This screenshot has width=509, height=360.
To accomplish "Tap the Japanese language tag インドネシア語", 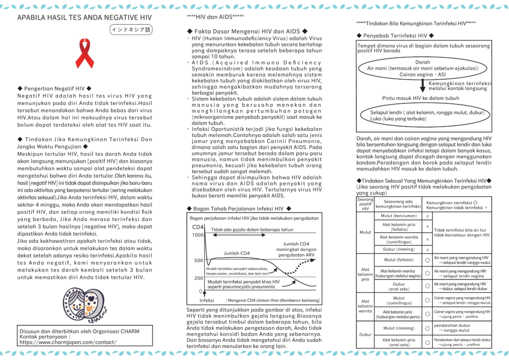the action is (x=131, y=29).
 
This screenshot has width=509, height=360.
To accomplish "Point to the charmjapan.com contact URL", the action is (x=68, y=342).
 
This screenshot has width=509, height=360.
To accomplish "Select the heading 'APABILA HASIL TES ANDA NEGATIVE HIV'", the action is (x=85, y=17).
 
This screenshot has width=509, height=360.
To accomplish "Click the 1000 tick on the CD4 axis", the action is (x=198, y=235).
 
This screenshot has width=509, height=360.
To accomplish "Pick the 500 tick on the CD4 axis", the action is (x=199, y=261).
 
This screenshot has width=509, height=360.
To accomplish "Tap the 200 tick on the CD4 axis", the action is (x=199, y=278).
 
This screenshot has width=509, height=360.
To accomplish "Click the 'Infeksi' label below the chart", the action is (x=207, y=300).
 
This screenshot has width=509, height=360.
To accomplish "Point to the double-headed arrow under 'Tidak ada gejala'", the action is (x=239, y=235).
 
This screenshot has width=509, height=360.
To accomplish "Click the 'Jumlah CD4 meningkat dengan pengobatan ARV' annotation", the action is (x=296, y=249).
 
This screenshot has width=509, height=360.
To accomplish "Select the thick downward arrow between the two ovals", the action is (x=423, y=86).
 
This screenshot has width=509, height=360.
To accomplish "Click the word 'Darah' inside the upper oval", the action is (x=423, y=62).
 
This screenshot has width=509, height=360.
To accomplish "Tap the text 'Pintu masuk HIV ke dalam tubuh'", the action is (x=421, y=98).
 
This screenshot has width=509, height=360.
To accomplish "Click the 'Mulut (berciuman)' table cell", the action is (x=399, y=216).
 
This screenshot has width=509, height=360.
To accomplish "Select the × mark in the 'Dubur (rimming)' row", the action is (x=427, y=250).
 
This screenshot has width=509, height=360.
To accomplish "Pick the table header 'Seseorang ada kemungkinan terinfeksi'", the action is (x=398, y=204).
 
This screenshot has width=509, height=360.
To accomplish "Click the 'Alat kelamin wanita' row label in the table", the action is (x=365, y=306).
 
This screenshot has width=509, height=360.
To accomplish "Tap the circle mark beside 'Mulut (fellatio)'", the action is (x=427, y=260).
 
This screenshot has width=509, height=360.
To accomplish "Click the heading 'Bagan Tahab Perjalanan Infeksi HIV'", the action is (x=239, y=209).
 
